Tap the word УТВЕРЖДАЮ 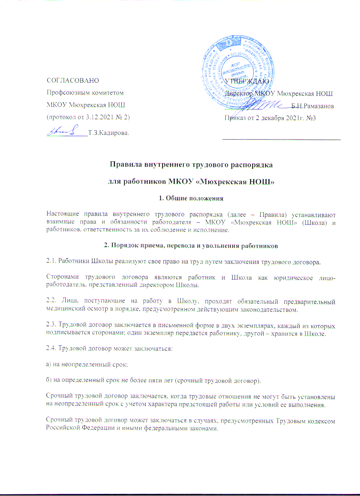point(246,81)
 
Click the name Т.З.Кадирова point(108,133)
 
